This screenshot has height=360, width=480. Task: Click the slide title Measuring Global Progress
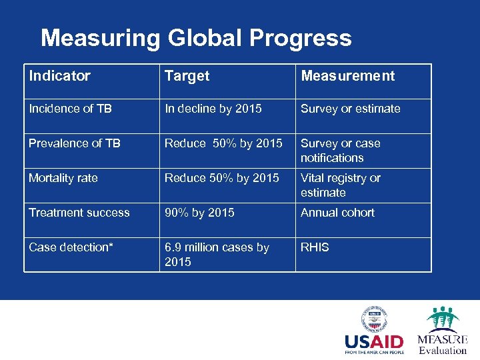196,38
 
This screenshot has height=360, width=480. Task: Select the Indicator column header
59,76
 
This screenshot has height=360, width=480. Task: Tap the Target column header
187,76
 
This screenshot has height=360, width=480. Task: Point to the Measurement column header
347,76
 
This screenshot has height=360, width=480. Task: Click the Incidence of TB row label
70,109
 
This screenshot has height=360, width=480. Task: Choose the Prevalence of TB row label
74,143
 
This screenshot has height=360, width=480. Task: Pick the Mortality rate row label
63,178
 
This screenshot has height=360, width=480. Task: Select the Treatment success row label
79,213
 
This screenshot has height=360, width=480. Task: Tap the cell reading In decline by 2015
213,109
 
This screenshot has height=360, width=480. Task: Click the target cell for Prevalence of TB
223,143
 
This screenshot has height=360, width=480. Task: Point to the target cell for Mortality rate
222,178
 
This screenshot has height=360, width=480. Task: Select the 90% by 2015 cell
199,213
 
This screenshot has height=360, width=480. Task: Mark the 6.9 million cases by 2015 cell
217,254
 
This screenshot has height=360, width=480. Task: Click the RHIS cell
315,247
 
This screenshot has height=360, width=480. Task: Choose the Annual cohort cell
337,213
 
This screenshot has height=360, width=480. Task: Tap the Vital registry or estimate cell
340,185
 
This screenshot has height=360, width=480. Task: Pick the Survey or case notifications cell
340,150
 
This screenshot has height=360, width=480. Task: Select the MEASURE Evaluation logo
442,331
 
